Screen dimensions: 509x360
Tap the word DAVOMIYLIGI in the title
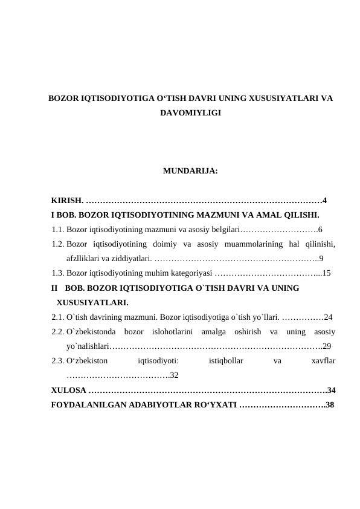tap(190, 113)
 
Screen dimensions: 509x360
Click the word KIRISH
tap(67, 201)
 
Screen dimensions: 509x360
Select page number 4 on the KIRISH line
tap(325, 201)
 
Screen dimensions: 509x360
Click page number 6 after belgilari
tap(320, 230)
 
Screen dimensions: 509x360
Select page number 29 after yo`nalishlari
tap(327, 346)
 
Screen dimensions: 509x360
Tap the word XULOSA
tap(69, 390)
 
